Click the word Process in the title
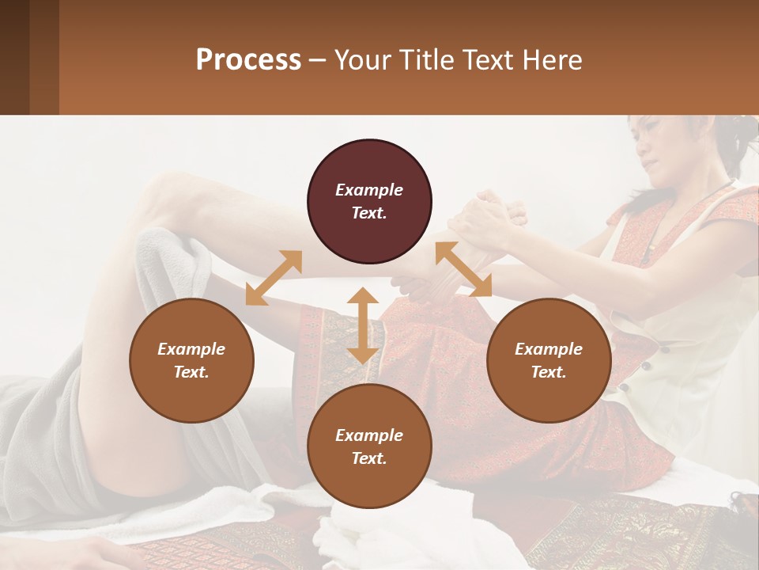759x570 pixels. tap(248, 60)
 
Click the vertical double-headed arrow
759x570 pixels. tap(363, 325)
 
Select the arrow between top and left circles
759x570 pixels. tap(274, 278)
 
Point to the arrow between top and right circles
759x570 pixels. tap(463, 269)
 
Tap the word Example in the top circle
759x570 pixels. tap(369, 190)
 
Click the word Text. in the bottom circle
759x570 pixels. tap(369, 458)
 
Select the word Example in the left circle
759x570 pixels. tap(191, 349)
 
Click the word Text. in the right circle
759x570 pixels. tap(549, 372)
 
